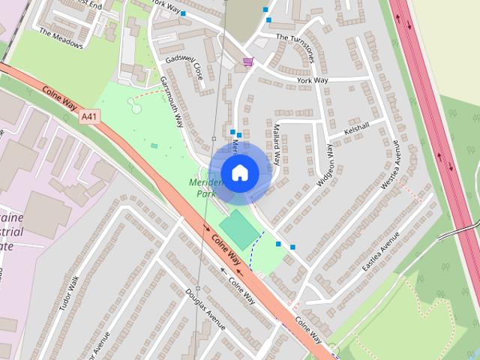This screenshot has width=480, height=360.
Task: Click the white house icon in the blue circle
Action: [239, 172]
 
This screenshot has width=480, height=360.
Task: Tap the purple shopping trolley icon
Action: [247, 61]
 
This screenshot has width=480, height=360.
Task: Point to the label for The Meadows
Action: [61, 38]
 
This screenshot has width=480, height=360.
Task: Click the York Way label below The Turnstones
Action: [313, 79]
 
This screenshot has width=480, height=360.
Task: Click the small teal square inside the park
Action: [154, 146]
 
